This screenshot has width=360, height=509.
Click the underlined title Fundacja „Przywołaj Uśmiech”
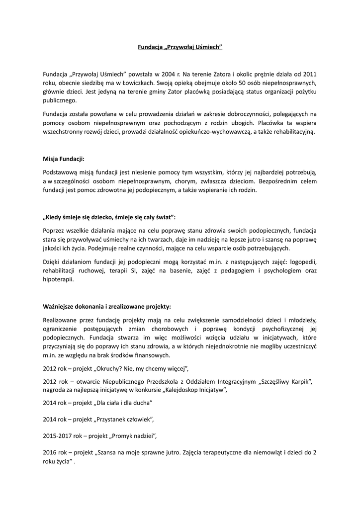pyautogui.click(x=180, y=47)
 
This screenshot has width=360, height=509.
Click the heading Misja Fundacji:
pyautogui.click(x=64, y=159)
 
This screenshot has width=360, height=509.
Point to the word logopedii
pyautogui.click(x=302, y=261)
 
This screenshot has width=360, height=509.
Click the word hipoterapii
pyautogui.click(x=58, y=279)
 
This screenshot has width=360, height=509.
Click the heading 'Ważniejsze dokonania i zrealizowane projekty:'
pyautogui.click(x=107, y=307)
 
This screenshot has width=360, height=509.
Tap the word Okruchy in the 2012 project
pyautogui.click(x=109, y=368)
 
